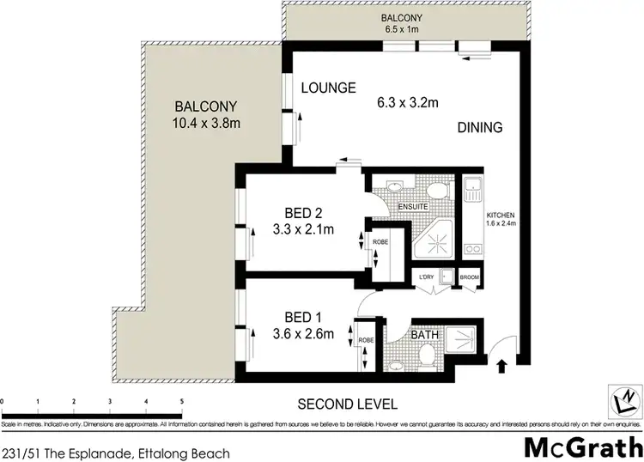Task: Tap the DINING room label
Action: tap(479, 128)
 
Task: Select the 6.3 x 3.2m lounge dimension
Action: tap(409, 103)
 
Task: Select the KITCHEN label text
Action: tap(500, 215)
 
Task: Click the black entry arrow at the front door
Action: tap(501, 368)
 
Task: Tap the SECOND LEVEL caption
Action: tap(347, 404)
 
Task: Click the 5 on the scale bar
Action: tap(181, 401)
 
